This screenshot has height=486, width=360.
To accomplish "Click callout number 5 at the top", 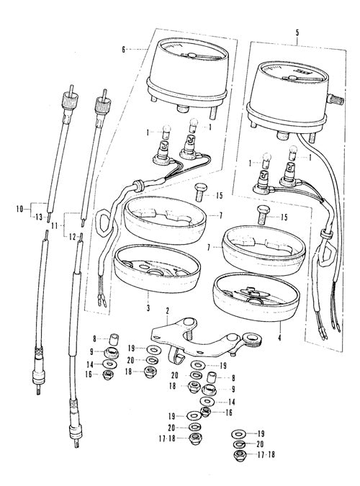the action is pyautogui.click(x=297, y=32).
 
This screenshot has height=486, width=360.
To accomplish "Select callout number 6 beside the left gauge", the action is pyautogui.click(x=124, y=49).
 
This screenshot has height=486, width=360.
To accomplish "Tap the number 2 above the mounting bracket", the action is pyautogui.click(x=167, y=310).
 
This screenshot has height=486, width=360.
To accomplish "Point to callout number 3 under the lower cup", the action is pyautogui.click(x=148, y=308).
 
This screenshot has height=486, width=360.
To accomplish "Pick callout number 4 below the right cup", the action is pyautogui.click(x=279, y=338).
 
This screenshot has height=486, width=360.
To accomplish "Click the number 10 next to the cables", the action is pyautogui.click(x=20, y=210).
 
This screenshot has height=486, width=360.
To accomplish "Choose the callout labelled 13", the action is pyautogui.click(x=39, y=217).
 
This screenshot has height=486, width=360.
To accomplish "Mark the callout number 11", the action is pyautogui.click(x=55, y=225).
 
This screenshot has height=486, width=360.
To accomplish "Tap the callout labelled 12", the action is pyautogui.click(x=72, y=237).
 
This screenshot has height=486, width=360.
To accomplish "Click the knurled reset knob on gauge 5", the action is pyautogui.click(x=337, y=101).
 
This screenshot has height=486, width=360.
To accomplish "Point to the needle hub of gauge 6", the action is pyautogui.click(x=192, y=55).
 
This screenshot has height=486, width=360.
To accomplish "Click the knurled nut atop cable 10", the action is pyautogui.click(x=70, y=99).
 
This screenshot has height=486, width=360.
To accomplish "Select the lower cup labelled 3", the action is pyautogui.click(x=157, y=269).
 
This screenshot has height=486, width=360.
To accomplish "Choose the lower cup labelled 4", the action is pyautogui.click(x=256, y=297).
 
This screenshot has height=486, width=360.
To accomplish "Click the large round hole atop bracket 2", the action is pyautogui.click(x=188, y=322).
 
